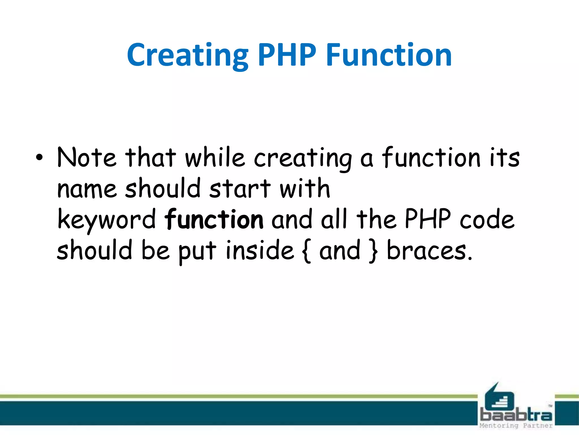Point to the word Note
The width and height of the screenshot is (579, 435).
87,157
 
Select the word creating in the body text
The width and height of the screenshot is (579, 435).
303,159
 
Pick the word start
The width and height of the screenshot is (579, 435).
240,189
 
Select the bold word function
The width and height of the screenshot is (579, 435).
214,219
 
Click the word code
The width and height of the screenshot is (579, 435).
487,219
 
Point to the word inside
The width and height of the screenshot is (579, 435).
260,250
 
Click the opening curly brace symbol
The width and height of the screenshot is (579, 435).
306,251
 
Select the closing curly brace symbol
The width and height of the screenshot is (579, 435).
373,251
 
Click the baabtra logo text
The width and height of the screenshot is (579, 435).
516,415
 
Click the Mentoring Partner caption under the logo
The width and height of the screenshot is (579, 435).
516,426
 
